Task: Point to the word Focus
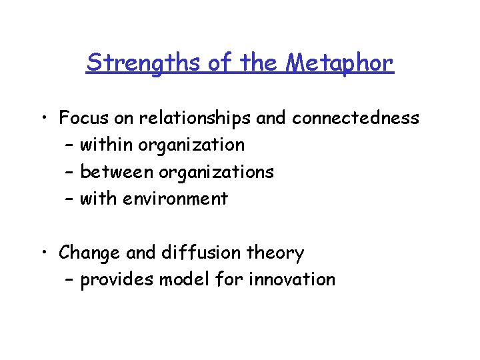point(82,119)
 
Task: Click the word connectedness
point(355,119)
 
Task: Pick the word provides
point(117,280)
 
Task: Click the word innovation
point(292,279)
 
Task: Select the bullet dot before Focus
point(45,119)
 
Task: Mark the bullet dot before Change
point(45,253)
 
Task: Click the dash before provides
point(70,280)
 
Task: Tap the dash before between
point(70,173)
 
